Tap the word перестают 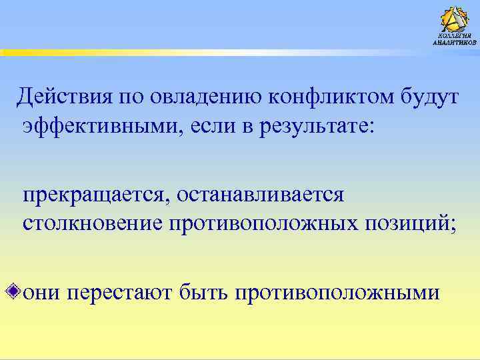click(121, 293)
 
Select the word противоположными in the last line click(337, 293)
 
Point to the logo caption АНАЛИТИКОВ click(455, 42)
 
